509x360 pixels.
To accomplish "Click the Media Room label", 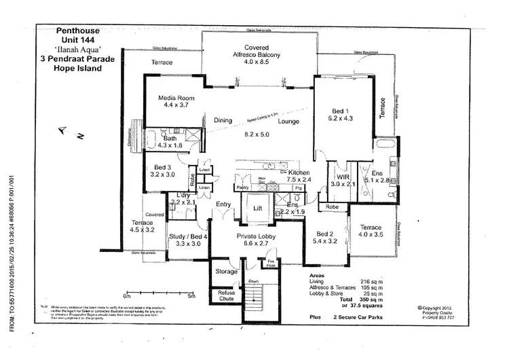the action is [x=172, y=98].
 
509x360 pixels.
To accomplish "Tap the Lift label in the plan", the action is [x=257, y=209].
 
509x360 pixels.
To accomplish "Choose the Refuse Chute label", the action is [x=225, y=296].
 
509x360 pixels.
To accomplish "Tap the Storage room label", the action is [x=226, y=271].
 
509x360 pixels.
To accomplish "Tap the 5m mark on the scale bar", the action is [x=192, y=296].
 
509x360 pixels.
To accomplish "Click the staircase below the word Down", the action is [x=254, y=296].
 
